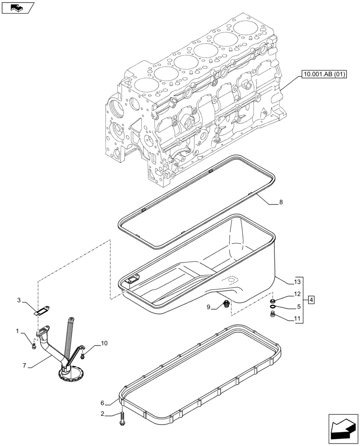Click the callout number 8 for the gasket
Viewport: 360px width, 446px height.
pyautogui.click(x=281, y=202)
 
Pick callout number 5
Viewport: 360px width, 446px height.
pyautogui.click(x=299, y=307)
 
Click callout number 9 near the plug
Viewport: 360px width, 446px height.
pyautogui.click(x=209, y=307)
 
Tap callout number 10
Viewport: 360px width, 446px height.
pyautogui.click(x=104, y=343)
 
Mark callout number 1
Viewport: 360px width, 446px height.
pyautogui.click(x=17, y=331)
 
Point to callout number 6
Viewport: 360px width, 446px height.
pyautogui.click(x=103, y=402)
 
